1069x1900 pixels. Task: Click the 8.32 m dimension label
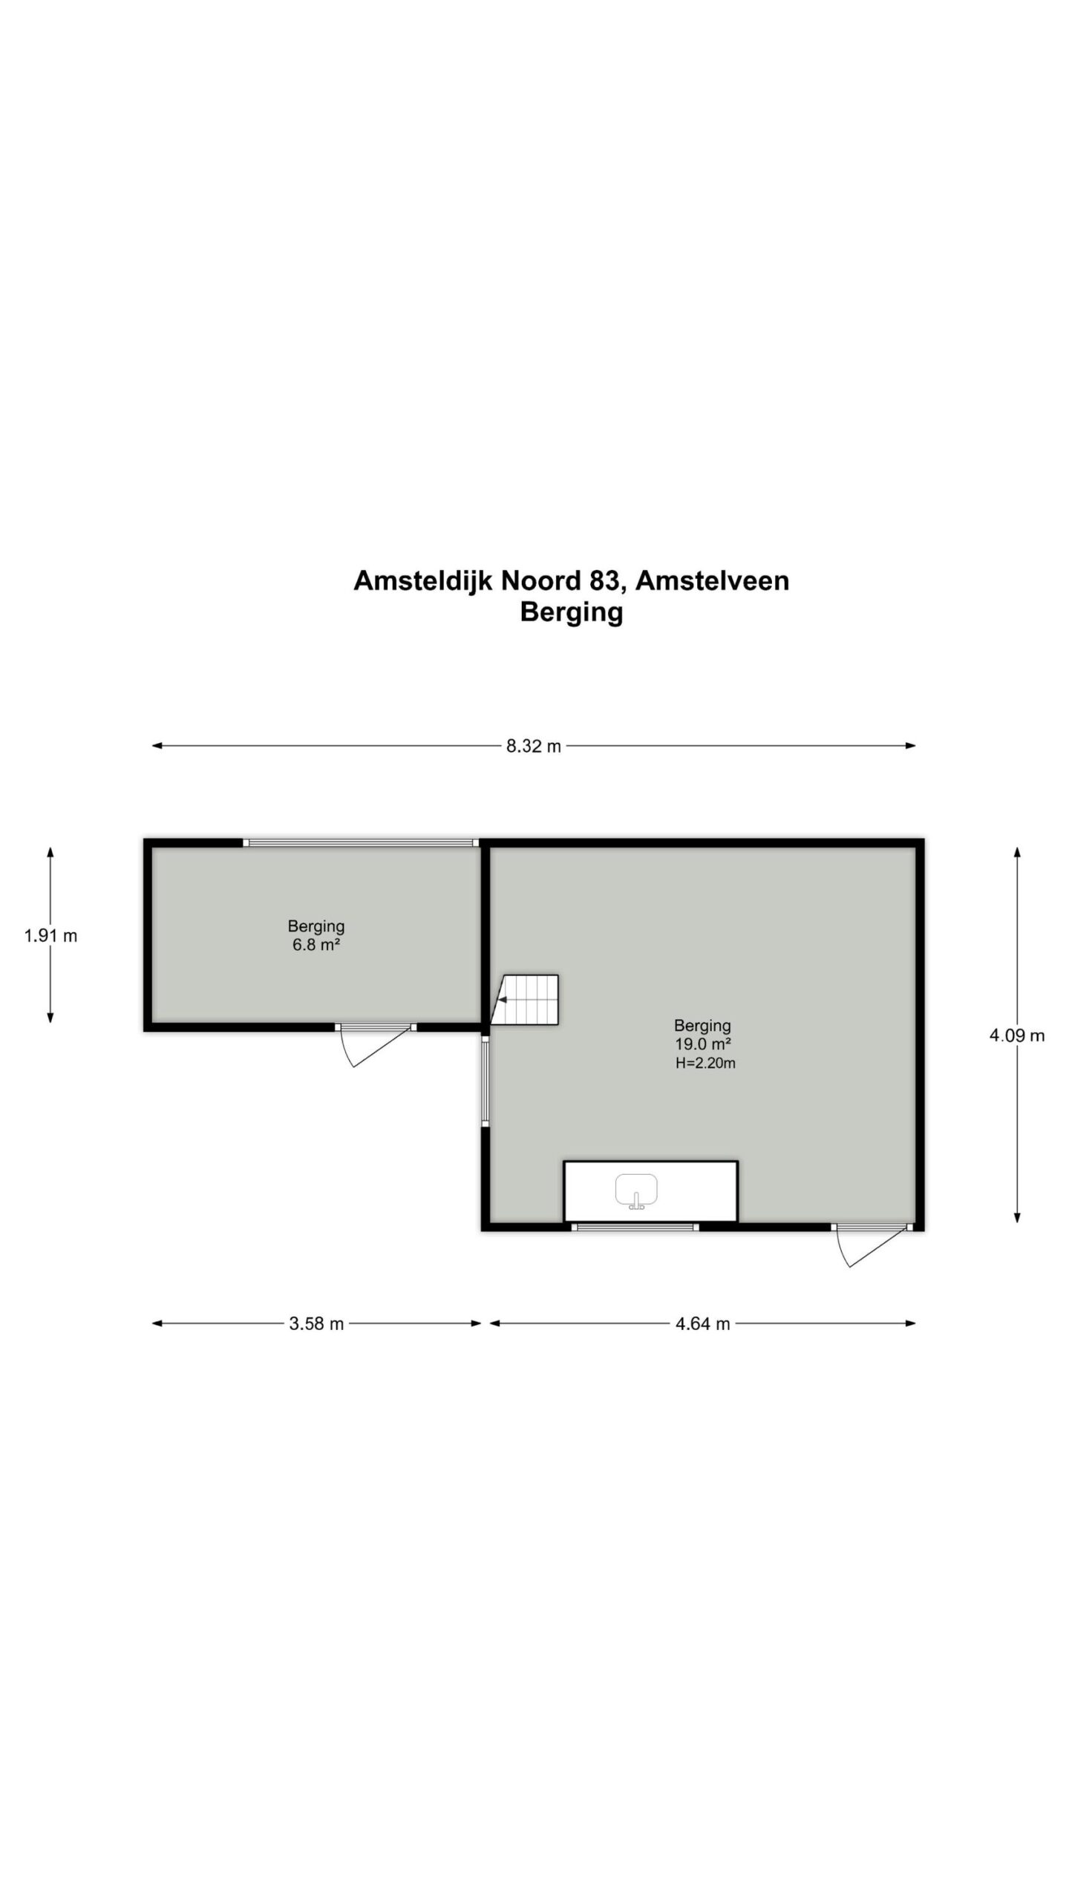point(533,746)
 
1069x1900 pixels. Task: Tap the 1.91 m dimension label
point(50,936)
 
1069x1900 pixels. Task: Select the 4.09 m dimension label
point(1016,1035)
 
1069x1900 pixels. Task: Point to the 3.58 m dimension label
point(316,1323)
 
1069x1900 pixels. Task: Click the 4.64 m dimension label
point(702,1323)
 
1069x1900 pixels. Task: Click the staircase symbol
point(529,1000)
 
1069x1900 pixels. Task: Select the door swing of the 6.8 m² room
point(364,1048)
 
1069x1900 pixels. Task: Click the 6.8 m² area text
point(316,946)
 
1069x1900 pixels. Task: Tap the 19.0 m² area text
point(702,1044)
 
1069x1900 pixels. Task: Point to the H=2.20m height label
point(705,1063)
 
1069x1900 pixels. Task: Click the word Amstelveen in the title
point(712,580)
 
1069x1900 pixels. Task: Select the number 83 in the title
point(601,580)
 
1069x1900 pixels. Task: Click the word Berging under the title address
point(571,612)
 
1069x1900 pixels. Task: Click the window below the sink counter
point(636,1228)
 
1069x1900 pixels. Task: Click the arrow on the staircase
point(503,1000)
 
